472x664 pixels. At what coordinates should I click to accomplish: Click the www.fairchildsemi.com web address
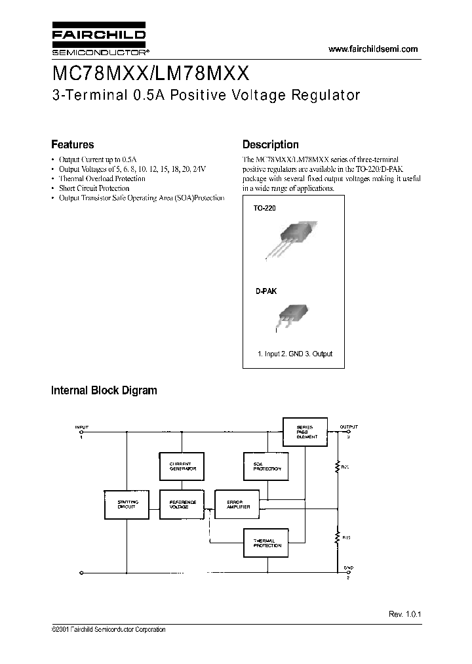(x=372, y=49)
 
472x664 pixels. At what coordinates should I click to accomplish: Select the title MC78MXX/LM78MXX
(x=149, y=72)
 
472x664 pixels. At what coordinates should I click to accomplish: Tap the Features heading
(x=73, y=145)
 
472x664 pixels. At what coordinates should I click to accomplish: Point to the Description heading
(x=270, y=145)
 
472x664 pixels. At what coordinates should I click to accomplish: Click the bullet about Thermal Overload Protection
(x=102, y=178)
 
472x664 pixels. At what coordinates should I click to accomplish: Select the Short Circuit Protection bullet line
(x=94, y=188)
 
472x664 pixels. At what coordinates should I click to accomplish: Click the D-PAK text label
(x=265, y=291)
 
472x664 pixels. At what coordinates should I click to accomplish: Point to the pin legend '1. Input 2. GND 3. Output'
(x=294, y=354)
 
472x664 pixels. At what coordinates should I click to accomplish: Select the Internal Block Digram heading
(x=104, y=390)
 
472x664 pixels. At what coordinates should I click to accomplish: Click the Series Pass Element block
(x=307, y=430)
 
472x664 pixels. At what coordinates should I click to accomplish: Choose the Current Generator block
(x=179, y=466)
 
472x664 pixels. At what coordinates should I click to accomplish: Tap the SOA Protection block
(x=263, y=466)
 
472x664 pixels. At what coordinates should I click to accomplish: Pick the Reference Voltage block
(x=179, y=503)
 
